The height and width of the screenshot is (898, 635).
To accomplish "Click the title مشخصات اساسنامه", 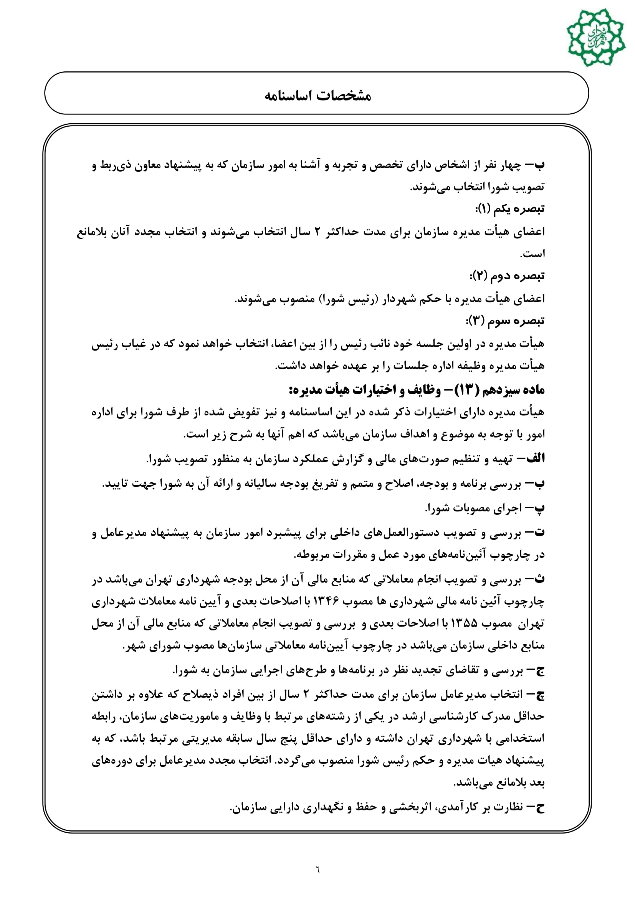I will pyautogui.click(x=317, y=96).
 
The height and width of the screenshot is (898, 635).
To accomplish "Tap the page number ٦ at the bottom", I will pyautogui.click(x=317, y=870).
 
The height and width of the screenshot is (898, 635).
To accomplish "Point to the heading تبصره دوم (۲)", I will pyautogui.click(x=507, y=276).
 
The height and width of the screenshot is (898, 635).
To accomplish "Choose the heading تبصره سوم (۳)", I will pyautogui.click(x=505, y=321).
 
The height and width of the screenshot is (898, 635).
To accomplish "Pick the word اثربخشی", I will pyautogui.click(x=407, y=807).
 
